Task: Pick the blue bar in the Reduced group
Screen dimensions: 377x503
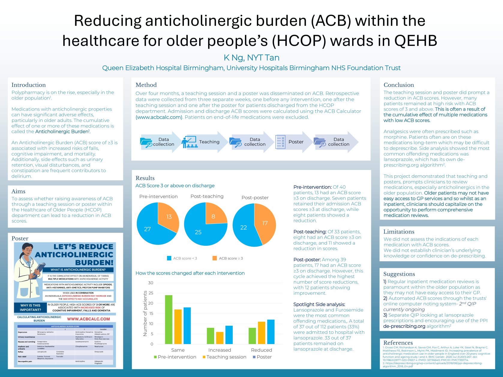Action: click(x=271, y=332)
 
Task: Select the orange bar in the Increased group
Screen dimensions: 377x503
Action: click(x=220, y=338)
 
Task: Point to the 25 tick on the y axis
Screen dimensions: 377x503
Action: click(x=151, y=293)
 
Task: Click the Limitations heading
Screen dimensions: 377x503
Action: click(x=399, y=232)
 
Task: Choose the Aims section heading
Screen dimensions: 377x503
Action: click(x=18, y=191)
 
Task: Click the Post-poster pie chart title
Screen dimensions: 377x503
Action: click(x=255, y=197)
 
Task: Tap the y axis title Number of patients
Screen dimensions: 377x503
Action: click(x=145, y=313)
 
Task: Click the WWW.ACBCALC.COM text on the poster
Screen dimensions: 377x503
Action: click(x=88, y=319)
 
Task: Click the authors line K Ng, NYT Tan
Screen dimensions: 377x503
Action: click(x=251, y=58)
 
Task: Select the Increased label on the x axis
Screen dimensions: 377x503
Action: click(x=220, y=350)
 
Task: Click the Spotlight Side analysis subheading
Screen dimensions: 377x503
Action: click(x=319, y=304)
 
